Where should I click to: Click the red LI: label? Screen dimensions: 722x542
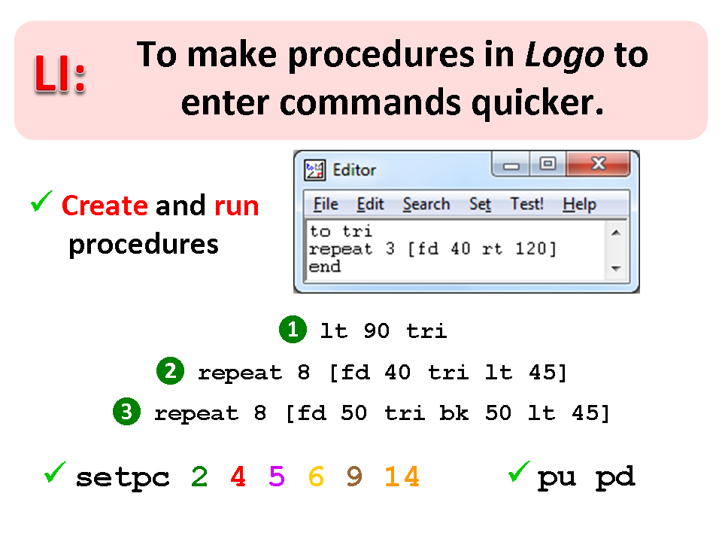(60, 74)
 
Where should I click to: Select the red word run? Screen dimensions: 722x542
(237, 207)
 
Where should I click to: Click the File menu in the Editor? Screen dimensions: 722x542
(326, 204)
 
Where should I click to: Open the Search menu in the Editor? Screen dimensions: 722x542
(426, 204)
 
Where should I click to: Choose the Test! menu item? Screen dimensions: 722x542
(526, 204)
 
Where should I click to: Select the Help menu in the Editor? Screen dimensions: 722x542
(579, 204)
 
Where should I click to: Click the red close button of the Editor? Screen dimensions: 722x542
(598, 163)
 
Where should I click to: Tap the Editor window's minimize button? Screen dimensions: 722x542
(511, 164)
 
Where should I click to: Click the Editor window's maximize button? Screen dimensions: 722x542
(548, 163)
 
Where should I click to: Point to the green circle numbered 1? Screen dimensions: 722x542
(293, 330)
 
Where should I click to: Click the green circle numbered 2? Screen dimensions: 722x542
(171, 371)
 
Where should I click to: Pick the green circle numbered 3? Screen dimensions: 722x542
(126, 412)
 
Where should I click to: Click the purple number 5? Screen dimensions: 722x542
(277, 476)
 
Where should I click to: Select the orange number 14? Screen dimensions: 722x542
(402, 476)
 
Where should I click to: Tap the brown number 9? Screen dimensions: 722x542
(354, 476)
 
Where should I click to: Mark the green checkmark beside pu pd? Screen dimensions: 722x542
(519, 471)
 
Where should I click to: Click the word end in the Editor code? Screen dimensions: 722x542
(325, 266)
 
